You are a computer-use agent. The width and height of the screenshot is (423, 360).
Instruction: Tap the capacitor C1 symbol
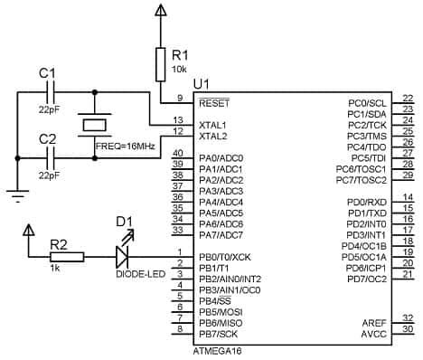pos(51,91)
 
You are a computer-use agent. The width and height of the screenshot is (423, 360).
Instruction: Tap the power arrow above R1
pos(161,11)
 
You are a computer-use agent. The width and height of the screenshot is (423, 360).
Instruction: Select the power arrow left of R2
pos(30,233)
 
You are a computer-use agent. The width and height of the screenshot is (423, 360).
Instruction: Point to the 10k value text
pos(181,69)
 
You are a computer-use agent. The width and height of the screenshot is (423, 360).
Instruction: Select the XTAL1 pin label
pos(212,124)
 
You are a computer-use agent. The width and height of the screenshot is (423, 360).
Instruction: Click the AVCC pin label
pos(375,332)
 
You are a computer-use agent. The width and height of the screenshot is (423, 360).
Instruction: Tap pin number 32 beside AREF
pos(407,317)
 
